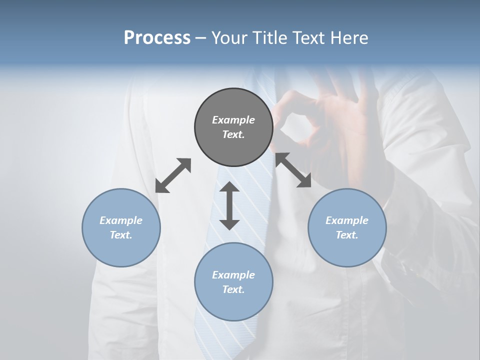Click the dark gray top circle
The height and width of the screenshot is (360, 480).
(x=233, y=127)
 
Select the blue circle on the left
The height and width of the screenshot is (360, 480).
(x=121, y=227)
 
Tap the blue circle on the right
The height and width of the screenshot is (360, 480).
(x=347, y=227)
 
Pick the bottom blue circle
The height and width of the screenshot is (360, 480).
(x=233, y=281)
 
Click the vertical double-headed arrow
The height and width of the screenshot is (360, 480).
(x=229, y=205)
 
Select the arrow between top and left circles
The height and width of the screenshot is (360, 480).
(x=173, y=175)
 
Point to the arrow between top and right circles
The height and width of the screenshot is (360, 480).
(x=293, y=170)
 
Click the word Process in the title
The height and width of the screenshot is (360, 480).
(x=157, y=38)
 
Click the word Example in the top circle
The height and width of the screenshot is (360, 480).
(x=233, y=120)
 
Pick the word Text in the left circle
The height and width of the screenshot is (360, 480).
(x=121, y=235)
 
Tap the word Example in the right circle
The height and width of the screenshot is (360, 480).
(x=347, y=220)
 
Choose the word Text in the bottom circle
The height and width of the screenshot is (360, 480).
(x=233, y=289)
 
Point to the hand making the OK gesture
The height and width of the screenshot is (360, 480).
(x=320, y=115)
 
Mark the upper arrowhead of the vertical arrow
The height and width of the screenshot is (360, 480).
(x=229, y=188)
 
